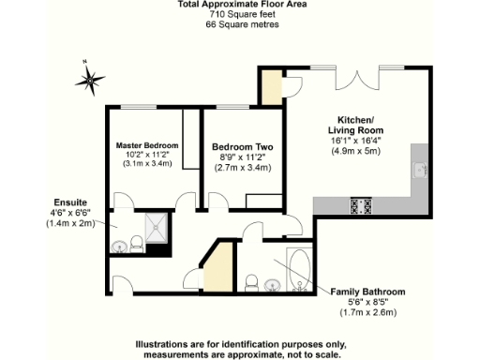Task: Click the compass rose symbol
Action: (x=91, y=79)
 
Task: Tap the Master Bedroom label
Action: (x=148, y=146)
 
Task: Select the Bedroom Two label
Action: (x=242, y=147)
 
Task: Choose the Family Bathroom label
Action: (x=370, y=292)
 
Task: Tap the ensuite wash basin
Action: (x=119, y=247)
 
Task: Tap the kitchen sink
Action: (x=421, y=172)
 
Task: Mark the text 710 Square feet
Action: (x=241, y=16)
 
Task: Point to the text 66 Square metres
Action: (x=241, y=25)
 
